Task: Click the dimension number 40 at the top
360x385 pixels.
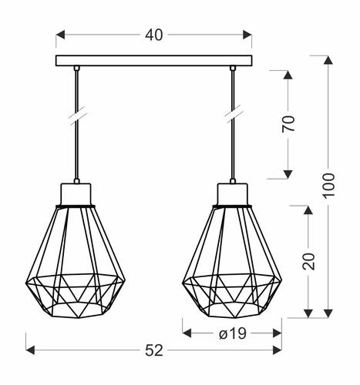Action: tap(154, 35)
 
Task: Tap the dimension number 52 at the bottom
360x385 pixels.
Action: tap(154, 350)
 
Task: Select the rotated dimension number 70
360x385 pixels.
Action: tap(288, 125)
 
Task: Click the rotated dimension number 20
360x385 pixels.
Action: tap(309, 261)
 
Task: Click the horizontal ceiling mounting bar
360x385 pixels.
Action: tap(154, 60)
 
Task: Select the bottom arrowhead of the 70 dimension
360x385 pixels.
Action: tap(288, 175)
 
